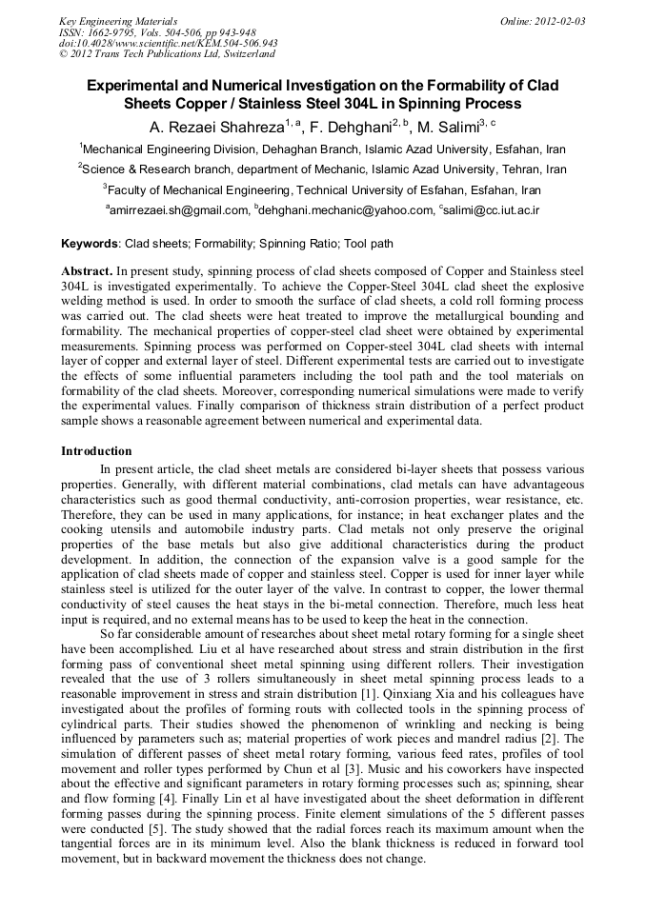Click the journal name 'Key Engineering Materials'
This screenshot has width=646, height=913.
pos(117,21)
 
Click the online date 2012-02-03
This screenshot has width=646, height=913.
pos(557,21)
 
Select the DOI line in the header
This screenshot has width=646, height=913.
pos(168,43)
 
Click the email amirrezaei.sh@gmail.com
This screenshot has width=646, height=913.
pos(180,210)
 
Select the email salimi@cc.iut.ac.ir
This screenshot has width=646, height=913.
pos(492,210)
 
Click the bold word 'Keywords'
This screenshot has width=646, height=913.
pos(91,245)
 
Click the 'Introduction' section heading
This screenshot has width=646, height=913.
pos(96,451)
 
